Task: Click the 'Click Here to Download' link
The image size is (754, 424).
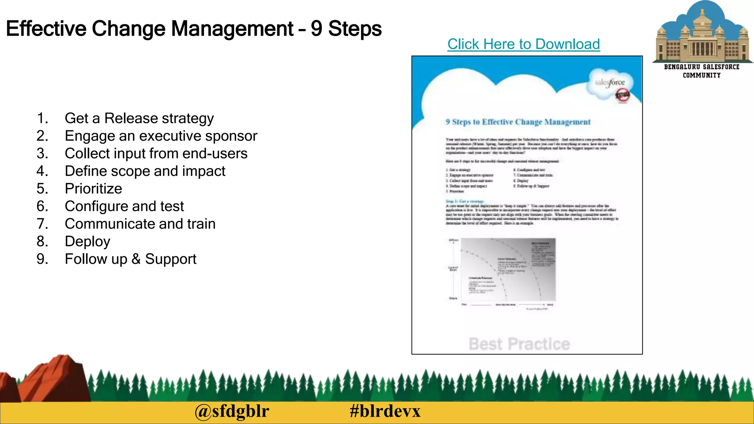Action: click(524, 44)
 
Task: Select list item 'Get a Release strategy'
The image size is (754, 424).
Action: click(139, 118)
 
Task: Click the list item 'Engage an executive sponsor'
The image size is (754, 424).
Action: click(161, 136)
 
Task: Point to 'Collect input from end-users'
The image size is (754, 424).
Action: click(156, 153)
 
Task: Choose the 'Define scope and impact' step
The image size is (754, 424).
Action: click(145, 171)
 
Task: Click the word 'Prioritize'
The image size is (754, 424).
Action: click(94, 188)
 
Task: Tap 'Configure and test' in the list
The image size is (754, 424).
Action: click(124, 206)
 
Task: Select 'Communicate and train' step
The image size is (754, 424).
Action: click(140, 224)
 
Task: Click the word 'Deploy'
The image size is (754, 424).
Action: click(88, 241)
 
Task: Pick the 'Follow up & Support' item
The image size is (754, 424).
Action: click(130, 259)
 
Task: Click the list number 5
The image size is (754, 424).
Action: click(42, 188)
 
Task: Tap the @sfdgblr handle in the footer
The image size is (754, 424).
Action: click(232, 411)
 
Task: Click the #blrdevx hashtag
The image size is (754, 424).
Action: click(385, 411)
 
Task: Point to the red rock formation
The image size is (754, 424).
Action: click(52, 379)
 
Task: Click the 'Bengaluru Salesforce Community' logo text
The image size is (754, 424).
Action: click(702, 71)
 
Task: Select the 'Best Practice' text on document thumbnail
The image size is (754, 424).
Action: click(519, 344)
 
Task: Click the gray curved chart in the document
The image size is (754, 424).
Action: click(508, 269)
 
